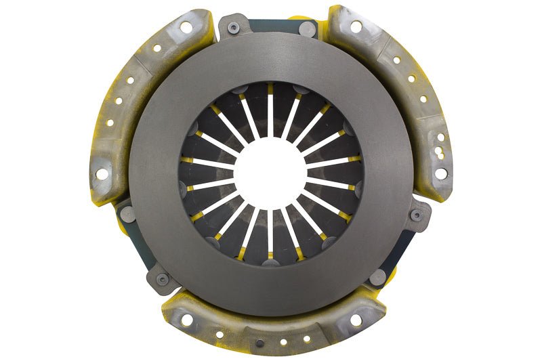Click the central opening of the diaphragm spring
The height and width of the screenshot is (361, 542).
(x=270, y=173)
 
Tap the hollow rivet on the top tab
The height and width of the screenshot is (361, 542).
(x=234, y=28)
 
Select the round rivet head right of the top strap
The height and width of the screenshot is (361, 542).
(x=306, y=29)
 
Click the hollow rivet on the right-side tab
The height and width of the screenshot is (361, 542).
(x=417, y=215)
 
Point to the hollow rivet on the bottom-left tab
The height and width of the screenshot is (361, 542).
(x=163, y=278)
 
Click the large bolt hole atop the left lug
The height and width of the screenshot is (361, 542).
(x=185, y=27)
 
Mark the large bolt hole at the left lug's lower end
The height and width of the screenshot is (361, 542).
(x=102, y=173)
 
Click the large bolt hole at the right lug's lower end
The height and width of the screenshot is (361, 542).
(x=440, y=173)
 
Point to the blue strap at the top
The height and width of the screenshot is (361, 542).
(x=271, y=26)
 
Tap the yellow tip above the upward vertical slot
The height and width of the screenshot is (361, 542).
(x=270, y=88)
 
